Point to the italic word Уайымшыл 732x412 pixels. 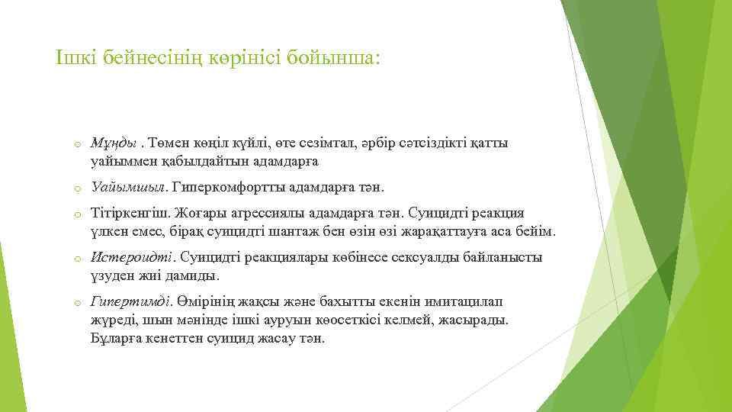(130, 186)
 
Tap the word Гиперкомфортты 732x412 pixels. (230, 186)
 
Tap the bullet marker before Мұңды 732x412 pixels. (77, 144)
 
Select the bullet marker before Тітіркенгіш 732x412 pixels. (77, 214)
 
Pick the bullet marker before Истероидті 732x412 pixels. (77, 259)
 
